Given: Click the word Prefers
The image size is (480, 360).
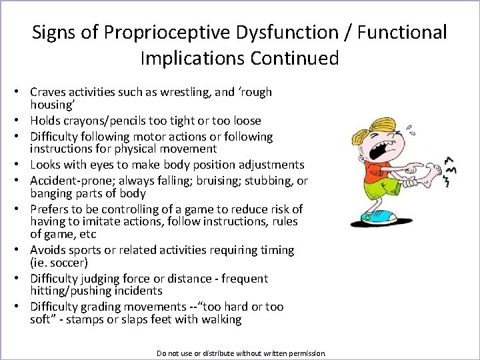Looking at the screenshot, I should point(50,209).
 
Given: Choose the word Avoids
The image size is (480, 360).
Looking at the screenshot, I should point(48,250).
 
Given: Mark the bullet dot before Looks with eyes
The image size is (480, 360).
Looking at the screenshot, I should point(22,165).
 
